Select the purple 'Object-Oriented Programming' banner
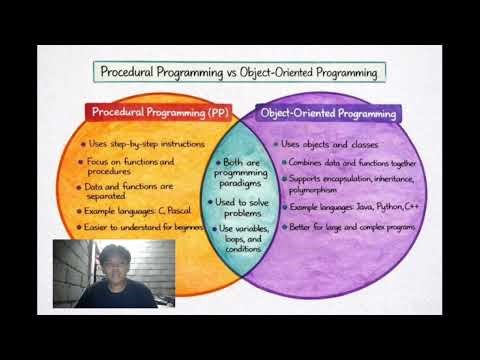pos(328,114)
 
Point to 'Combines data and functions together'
pos(350,162)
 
